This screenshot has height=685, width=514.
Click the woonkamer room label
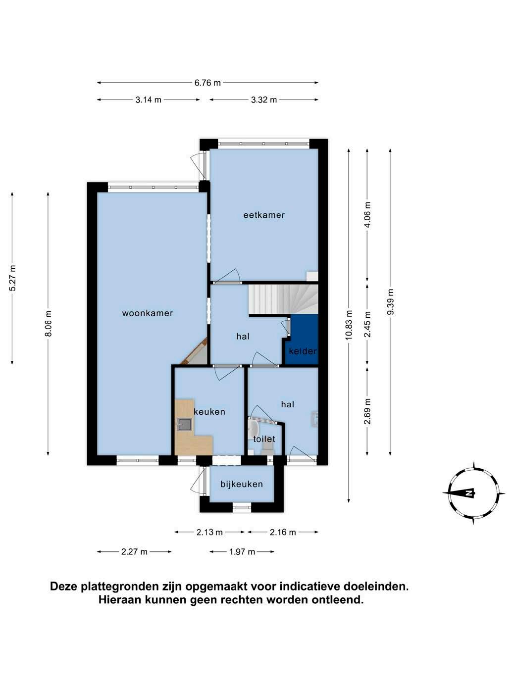click(147, 313)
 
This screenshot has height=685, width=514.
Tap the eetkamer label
click(264, 215)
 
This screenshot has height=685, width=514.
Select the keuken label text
click(209, 412)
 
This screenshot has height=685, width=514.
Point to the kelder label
click(303, 351)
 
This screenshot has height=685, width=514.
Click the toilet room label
click(264, 439)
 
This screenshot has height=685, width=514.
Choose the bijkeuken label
click(242, 484)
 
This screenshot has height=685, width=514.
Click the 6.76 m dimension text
click(207, 83)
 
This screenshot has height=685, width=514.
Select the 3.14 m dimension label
click(148, 100)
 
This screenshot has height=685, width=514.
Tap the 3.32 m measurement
click(264, 100)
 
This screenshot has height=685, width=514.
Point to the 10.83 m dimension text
click(349, 325)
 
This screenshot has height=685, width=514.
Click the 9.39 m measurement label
click(390, 302)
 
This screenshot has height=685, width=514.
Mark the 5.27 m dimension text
click(12, 278)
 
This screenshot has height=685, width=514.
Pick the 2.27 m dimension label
click(134, 552)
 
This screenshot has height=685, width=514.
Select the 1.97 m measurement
click(242, 552)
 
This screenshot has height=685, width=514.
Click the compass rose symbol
click(473, 493)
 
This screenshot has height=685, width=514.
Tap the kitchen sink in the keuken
click(184, 425)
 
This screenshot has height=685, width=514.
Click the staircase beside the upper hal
click(283, 299)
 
